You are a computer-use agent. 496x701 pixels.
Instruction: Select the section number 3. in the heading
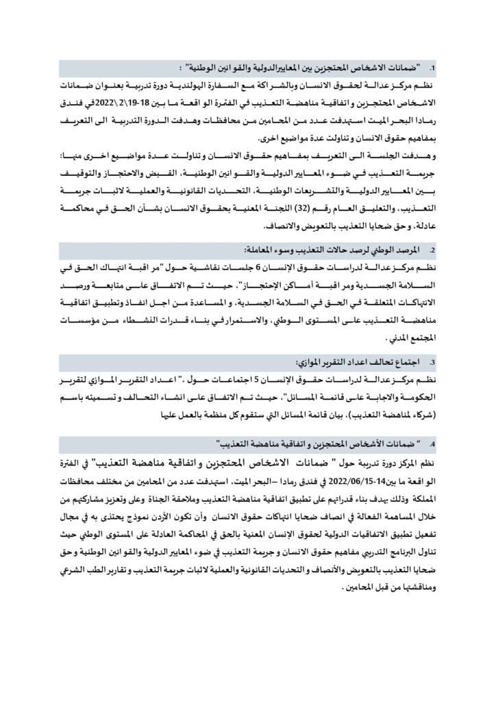[x=432, y=360]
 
